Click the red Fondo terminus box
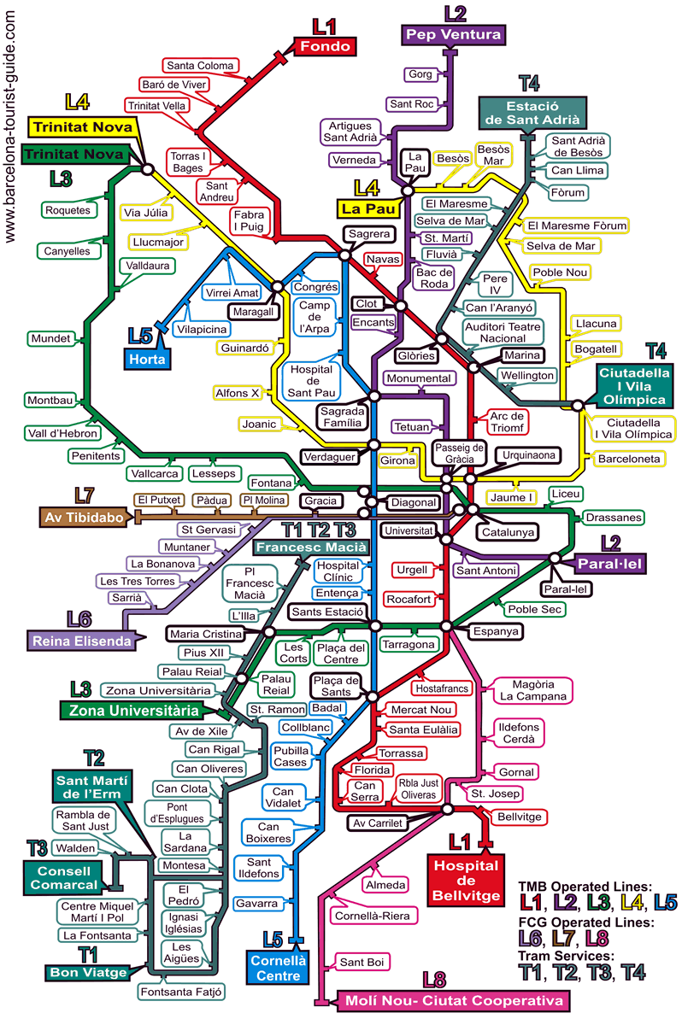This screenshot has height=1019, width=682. [325, 47]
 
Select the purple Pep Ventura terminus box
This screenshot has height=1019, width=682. [453, 34]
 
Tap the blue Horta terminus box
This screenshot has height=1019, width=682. [147, 360]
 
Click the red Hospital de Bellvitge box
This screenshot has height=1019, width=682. [466, 881]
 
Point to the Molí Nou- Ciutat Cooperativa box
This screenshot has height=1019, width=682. [453, 1001]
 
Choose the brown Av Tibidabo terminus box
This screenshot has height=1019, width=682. [84, 518]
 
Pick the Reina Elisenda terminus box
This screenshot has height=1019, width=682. [81, 641]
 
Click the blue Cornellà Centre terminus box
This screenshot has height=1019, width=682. [279, 969]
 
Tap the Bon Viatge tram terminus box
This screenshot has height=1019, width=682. [88, 973]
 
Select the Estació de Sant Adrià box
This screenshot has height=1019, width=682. [532, 113]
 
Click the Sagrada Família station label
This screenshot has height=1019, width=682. [342, 417]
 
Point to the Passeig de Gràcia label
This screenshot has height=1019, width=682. [460, 454]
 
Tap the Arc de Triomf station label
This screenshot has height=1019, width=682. [507, 422]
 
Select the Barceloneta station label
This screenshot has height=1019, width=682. [629, 459]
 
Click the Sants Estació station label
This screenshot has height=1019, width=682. [327, 612]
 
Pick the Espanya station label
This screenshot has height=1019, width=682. [496, 631]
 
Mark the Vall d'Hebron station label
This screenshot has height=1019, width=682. [63, 433]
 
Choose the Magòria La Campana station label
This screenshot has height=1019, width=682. [533, 690]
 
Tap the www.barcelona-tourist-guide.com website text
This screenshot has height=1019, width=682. [9, 126]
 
